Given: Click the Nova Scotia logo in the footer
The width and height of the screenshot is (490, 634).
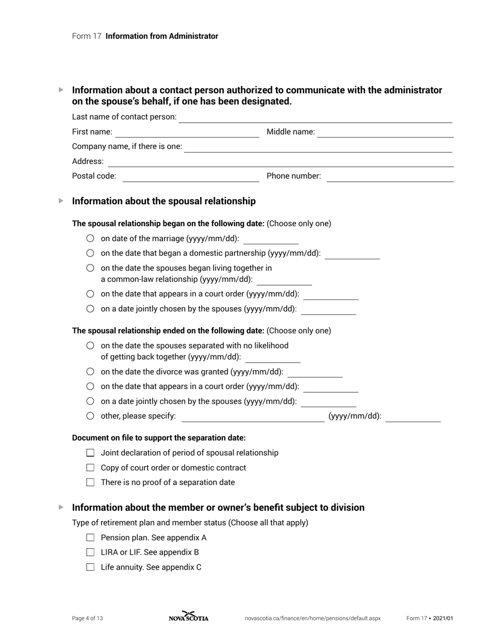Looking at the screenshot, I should coord(189,616).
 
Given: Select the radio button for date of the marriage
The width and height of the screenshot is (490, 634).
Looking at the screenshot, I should coord(90,238).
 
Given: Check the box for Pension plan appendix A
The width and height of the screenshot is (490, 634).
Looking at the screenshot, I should coord(90,538).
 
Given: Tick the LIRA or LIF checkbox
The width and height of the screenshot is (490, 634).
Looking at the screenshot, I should coord(90,552).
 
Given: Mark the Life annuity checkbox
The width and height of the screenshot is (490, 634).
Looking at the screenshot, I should coord(90,567).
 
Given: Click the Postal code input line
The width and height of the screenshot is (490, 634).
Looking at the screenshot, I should coord(191,177).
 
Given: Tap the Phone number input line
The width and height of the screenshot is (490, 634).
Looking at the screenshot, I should coord(390,177).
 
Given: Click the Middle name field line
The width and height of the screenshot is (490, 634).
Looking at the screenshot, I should coord(385,133).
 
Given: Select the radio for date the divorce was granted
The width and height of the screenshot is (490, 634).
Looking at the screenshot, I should coord(90,372).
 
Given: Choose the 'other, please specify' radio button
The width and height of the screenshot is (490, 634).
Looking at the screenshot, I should coord(90,416).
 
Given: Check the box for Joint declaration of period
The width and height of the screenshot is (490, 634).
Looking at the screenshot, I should coord(90,453).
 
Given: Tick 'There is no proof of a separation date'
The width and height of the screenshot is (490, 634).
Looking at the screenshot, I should coord(90,482).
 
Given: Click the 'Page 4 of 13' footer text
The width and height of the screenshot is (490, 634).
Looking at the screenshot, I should coord(87,619).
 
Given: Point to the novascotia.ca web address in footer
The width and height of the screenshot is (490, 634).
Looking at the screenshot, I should coord(312,619).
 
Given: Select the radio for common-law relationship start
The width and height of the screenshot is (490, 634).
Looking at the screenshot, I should coord(90,268).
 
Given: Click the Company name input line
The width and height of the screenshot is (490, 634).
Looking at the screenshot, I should coord(318,148).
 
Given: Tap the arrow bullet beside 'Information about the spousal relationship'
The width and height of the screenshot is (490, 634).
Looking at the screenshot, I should coord(61,201).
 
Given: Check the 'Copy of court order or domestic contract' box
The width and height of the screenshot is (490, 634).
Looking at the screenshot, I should coord(90,468).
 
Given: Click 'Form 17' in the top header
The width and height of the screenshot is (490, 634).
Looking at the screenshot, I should coord(87,36).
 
